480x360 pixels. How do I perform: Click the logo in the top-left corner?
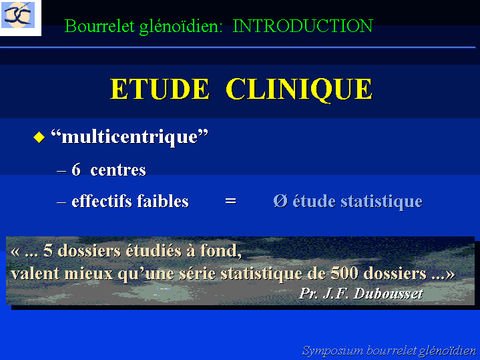[18, 15]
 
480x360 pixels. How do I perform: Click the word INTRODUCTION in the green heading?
[303, 26]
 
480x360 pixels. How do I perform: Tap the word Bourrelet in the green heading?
[99, 26]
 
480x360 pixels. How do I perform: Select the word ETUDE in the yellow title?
[160, 89]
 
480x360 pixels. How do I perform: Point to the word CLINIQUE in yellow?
[299, 89]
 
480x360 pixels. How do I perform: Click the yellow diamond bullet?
[39, 137]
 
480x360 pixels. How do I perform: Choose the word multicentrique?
[130, 137]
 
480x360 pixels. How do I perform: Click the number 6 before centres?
[76, 170]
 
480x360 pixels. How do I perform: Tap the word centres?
[118, 171]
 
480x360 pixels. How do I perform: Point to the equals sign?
[230, 201]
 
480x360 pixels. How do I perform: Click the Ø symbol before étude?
[280, 201]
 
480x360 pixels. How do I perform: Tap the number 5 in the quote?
[48, 250]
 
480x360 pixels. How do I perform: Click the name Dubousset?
[388, 293]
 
